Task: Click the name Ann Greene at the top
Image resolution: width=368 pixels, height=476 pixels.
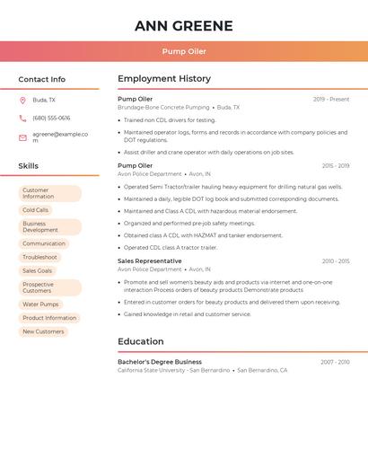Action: (184, 25)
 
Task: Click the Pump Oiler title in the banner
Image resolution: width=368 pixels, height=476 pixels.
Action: (184, 51)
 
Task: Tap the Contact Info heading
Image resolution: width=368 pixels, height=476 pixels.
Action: (42, 79)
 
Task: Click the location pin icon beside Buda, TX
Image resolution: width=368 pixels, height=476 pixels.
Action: (22, 100)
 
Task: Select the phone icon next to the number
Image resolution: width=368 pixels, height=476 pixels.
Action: (22, 118)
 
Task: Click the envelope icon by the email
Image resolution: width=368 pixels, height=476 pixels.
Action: (22, 137)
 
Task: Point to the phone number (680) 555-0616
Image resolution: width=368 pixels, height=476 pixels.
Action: (51, 118)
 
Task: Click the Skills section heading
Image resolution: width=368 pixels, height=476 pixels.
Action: (29, 166)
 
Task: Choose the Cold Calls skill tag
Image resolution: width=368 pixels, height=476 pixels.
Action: (36, 210)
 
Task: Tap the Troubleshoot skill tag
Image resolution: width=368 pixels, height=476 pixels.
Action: (39, 257)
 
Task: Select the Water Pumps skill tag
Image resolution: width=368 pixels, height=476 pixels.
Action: (40, 304)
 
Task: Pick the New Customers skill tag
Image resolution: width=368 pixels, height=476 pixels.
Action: (43, 331)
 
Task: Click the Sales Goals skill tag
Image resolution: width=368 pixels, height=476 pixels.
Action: (38, 270)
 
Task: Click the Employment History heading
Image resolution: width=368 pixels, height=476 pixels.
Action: (164, 79)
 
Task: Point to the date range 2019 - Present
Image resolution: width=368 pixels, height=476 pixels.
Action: (331, 99)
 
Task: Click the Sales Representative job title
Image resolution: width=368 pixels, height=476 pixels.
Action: (149, 260)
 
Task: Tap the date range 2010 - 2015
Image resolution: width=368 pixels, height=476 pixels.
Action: (336, 261)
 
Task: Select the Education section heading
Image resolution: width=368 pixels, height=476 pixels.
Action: (141, 341)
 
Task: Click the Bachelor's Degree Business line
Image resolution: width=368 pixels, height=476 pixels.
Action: (160, 362)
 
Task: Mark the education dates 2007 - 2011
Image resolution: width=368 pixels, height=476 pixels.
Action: (335, 362)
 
